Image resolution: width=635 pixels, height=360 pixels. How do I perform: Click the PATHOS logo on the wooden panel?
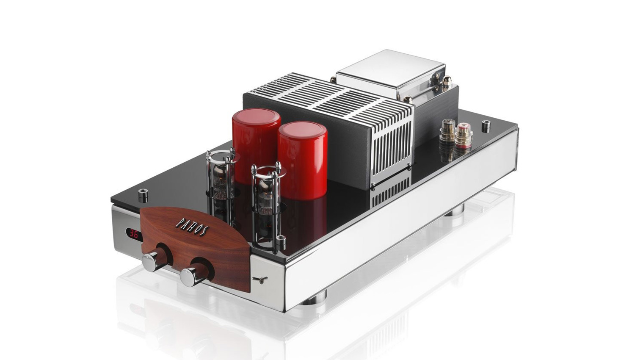(x=192, y=227)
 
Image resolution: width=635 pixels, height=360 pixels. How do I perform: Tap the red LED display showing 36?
(x=134, y=233)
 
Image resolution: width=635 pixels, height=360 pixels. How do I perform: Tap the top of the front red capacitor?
(x=302, y=130)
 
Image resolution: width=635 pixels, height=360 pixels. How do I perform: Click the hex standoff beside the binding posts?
(x=486, y=125)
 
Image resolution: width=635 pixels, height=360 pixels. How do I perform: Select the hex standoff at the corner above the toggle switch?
(x=281, y=243)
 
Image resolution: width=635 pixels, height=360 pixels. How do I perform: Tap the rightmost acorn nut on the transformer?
(x=447, y=82)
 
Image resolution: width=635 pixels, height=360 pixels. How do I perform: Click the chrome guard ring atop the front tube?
(x=266, y=171)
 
